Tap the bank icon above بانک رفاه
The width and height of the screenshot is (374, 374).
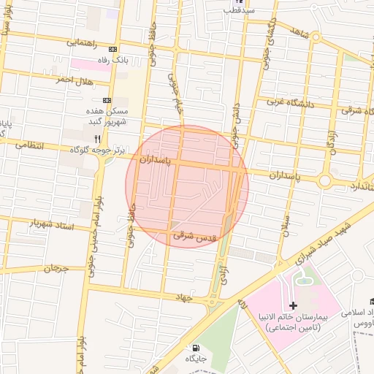pos(112,48)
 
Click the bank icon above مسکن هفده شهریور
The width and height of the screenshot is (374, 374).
pos(107,100)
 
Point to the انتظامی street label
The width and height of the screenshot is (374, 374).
pos(29,145)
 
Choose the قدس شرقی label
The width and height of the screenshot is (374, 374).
pos(193,237)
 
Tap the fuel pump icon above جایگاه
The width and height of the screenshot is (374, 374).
pos(195,347)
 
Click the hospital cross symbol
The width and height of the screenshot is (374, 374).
pos(294,305)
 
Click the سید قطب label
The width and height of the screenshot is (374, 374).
pos(238,11)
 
